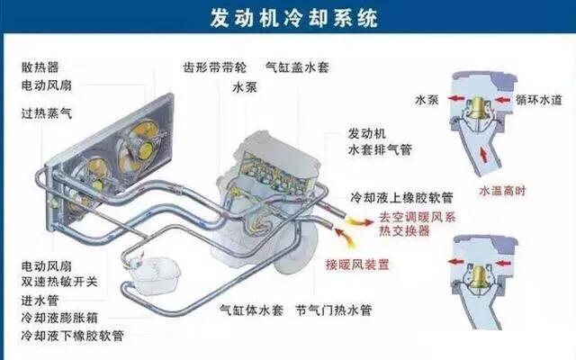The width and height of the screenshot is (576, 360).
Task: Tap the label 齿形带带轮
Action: (x=212, y=67)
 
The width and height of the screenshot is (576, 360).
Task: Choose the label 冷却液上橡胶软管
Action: (x=400, y=197)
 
